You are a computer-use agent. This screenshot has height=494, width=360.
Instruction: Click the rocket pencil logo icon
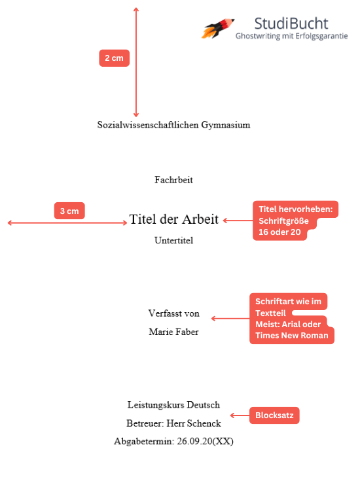217,28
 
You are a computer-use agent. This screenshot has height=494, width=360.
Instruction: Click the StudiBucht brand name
291,24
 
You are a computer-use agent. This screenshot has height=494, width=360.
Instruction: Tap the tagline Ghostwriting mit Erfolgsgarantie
291,36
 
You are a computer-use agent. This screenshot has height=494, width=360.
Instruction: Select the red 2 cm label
114,58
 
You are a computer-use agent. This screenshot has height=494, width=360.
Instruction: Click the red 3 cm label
69,211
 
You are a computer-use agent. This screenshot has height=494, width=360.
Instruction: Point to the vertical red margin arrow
136,62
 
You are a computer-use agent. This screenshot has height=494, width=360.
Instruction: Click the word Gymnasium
226,125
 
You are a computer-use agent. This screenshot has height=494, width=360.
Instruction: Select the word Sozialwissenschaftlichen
148,125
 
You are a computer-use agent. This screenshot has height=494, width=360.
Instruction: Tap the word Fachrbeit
173,180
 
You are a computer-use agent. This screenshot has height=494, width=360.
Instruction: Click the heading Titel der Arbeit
173,219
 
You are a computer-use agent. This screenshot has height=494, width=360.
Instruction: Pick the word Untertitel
173,240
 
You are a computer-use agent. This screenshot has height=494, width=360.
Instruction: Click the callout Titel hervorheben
295,221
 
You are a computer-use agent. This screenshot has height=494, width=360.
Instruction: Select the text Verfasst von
173,313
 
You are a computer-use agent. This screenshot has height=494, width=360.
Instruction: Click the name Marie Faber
173,332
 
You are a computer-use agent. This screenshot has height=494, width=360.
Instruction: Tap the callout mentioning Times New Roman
291,319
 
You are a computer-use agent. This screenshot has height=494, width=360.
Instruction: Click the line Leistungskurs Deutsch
173,405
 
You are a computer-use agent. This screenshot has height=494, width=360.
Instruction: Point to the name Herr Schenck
194,423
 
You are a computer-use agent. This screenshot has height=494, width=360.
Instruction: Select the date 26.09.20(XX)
205,442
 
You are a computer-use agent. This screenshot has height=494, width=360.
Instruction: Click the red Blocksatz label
274,415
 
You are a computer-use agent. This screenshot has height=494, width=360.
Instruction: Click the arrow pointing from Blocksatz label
240,415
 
